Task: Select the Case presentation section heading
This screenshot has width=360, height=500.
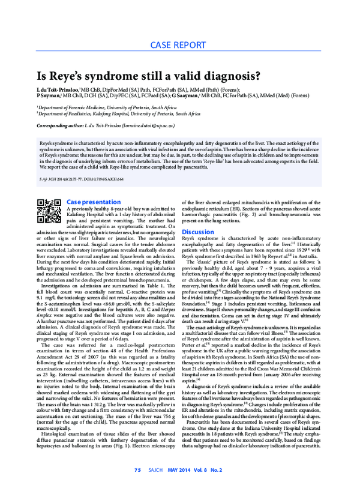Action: click(93, 202)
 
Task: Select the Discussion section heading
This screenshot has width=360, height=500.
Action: click(198, 232)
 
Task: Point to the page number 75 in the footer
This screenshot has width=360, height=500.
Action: click(137, 486)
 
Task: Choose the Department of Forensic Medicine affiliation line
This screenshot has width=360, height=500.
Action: click(107, 106)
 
